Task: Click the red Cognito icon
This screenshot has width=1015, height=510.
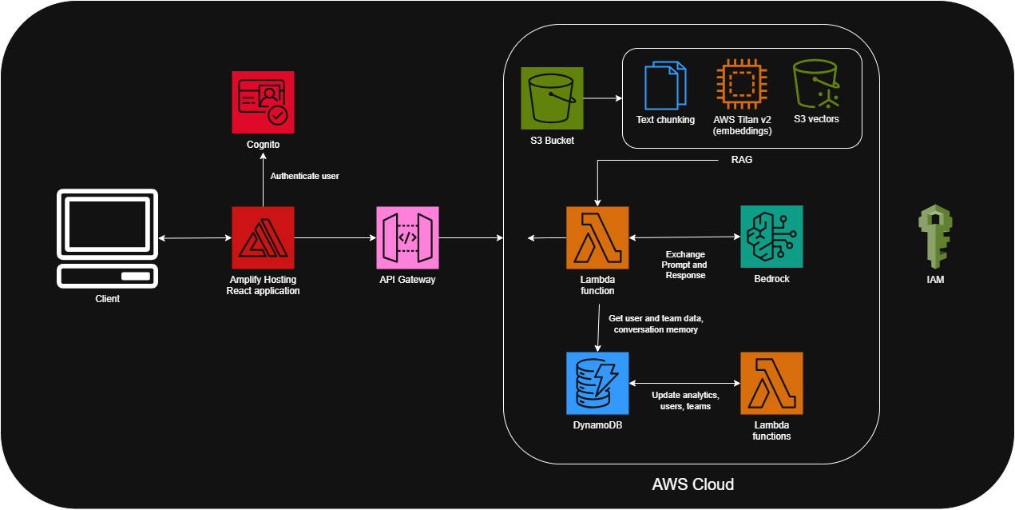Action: (x=263, y=102)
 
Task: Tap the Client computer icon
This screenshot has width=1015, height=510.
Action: (x=107, y=238)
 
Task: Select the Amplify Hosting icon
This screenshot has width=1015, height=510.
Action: (x=263, y=237)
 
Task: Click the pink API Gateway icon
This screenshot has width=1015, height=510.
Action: (x=407, y=237)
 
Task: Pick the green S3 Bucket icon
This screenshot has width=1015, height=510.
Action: (x=552, y=98)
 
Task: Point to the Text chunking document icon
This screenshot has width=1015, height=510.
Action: (x=665, y=86)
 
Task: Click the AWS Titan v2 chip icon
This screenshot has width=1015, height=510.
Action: (x=742, y=85)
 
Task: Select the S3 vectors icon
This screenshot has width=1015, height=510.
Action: (x=816, y=85)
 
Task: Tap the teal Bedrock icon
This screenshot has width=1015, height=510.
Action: (x=771, y=237)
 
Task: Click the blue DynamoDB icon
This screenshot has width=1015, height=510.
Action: (x=597, y=383)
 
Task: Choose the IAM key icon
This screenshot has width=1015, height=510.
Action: (x=934, y=236)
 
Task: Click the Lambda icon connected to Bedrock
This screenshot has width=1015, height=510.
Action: (x=597, y=237)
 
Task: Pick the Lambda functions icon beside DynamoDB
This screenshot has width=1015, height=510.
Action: (x=771, y=383)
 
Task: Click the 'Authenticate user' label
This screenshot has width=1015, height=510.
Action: (x=304, y=176)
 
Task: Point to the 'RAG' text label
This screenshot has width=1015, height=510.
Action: (x=741, y=160)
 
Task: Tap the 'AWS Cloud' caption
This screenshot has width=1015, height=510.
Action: (x=692, y=484)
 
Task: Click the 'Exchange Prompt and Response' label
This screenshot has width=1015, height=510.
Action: (x=685, y=265)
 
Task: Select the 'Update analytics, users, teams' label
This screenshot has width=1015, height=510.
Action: (x=685, y=400)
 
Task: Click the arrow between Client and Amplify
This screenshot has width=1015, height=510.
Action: (x=195, y=238)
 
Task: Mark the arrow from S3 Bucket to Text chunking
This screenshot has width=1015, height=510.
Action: (x=602, y=99)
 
